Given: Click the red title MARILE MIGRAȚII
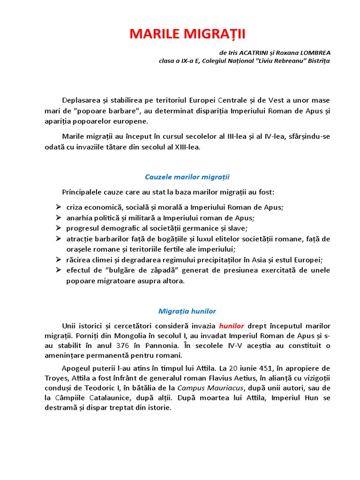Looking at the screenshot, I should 187,34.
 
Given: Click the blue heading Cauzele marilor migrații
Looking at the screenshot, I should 187,177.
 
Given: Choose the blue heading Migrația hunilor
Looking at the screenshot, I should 187,311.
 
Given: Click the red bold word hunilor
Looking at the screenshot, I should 232,326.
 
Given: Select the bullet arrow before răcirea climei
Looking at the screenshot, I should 58,259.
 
